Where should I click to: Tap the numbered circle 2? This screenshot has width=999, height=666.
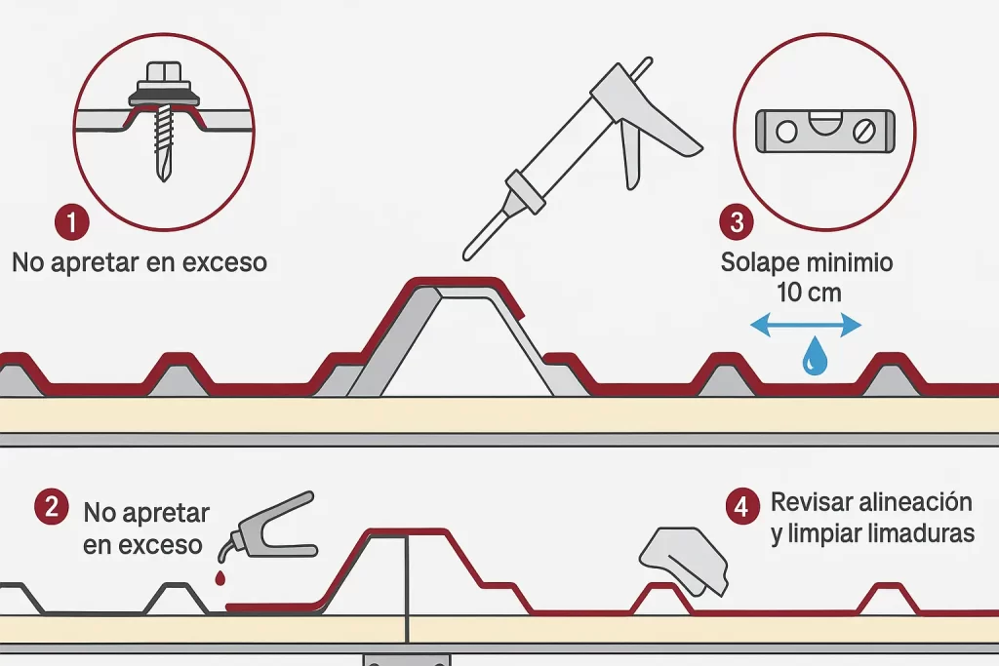(x=51, y=507)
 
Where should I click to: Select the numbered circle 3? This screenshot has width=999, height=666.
(x=737, y=222)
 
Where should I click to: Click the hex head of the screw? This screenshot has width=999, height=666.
(x=163, y=72)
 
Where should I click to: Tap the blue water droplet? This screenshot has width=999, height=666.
(x=812, y=359)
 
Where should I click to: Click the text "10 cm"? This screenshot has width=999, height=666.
(x=809, y=291)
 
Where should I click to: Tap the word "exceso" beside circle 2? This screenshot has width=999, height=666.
(x=157, y=543)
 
